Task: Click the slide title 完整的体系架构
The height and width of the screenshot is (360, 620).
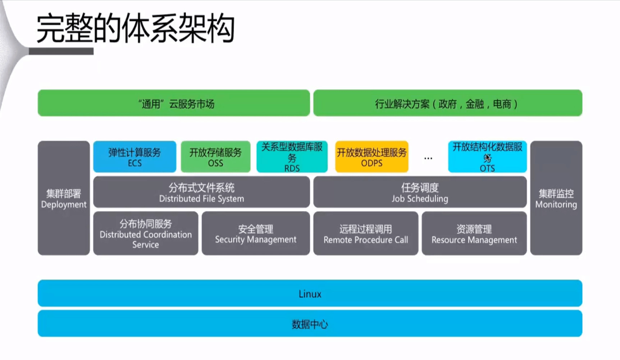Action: coord(135,29)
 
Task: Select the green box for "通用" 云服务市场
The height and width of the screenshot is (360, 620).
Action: coord(174,103)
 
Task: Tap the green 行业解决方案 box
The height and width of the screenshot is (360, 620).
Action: coord(447,103)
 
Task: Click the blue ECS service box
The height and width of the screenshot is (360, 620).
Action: coord(135,157)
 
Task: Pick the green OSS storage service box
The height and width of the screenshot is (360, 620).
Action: coord(215,157)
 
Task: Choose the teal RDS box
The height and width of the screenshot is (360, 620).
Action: coord(292,157)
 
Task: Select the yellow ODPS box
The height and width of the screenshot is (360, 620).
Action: coord(371,157)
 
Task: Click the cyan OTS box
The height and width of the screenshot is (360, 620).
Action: coord(487,157)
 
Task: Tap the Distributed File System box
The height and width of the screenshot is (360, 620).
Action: coord(201,192)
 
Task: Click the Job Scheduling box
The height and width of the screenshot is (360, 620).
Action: coord(420,192)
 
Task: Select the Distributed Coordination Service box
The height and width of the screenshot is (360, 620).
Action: coord(145,234)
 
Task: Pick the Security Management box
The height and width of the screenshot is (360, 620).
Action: coord(255,234)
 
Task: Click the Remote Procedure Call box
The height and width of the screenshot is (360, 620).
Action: coord(365,234)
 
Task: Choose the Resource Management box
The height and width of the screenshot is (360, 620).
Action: coord(474,234)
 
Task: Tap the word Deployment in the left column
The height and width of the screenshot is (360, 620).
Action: coord(64,205)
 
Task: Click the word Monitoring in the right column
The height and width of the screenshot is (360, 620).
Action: coord(556,205)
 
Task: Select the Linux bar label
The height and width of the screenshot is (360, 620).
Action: coord(310,294)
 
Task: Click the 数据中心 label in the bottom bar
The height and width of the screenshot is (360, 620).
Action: coord(310,324)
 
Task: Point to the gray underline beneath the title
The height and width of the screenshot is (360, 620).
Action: coord(61,52)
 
